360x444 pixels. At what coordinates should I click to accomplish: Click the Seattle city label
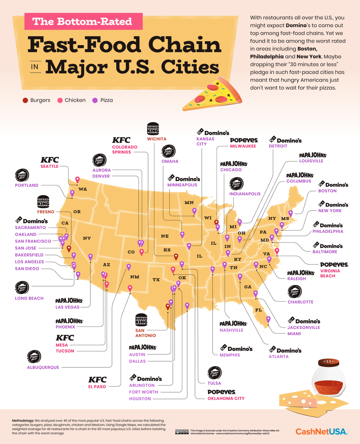point(49,166)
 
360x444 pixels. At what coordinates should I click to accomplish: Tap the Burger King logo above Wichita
point(153,129)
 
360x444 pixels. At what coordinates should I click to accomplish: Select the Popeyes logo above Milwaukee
point(244,140)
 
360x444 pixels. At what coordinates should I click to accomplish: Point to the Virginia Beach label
point(330,273)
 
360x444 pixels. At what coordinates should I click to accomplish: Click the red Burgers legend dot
point(25,100)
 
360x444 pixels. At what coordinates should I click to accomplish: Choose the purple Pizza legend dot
point(95,100)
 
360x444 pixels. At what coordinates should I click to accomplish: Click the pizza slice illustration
point(212,94)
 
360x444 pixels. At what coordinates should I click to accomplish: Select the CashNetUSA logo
point(321,432)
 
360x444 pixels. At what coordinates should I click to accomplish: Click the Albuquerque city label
point(43,367)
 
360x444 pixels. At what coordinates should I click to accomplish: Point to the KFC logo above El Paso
point(97,380)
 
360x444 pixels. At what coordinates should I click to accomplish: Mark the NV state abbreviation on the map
point(87,238)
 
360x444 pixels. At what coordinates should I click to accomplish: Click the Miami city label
point(294,334)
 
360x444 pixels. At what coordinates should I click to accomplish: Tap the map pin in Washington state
point(77,180)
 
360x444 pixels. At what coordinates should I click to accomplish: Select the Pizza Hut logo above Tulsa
point(214,373)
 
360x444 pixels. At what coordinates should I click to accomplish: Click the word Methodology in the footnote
point(23,421)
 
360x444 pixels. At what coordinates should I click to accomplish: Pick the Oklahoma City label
point(226,398)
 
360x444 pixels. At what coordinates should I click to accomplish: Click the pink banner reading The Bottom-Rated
point(83,21)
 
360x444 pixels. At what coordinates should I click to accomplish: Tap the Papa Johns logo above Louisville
point(313,155)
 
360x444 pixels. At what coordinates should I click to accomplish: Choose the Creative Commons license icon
point(182,432)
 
